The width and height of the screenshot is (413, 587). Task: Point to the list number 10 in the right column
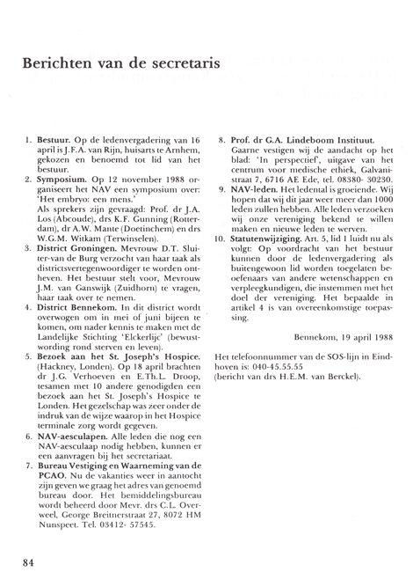(x=219, y=239)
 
